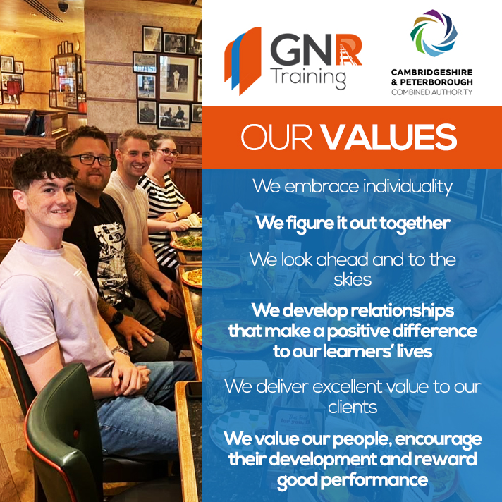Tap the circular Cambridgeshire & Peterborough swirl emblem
(432, 35)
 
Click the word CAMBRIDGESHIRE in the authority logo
(432, 73)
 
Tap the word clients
(353, 406)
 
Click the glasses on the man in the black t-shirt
(91, 159)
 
